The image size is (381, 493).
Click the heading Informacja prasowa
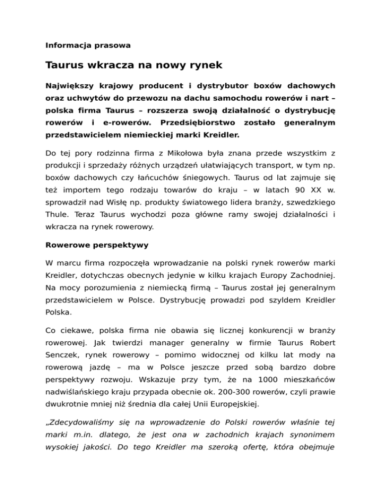pos(88,45)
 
